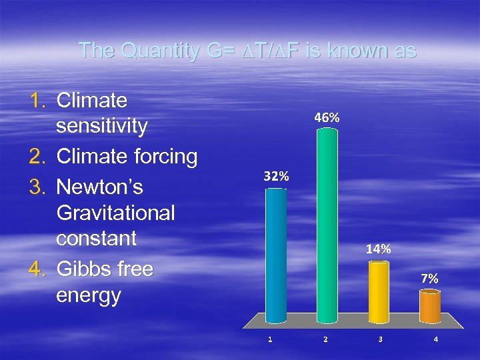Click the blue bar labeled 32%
(276, 255)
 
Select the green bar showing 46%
(327, 225)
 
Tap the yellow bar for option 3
(379, 291)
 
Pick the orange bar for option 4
(430, 307)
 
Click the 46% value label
(327, 117)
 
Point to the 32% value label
(276, 177)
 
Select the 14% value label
(378, 249)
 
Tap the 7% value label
(429, 279)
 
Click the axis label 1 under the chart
(270, 339)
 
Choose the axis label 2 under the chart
(325, 339)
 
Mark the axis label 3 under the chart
(380, 339)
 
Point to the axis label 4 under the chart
(435, 339)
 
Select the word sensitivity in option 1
(102, 127)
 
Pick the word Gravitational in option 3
(116, 213)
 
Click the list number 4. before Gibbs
(37, 269)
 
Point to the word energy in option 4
(89, 295)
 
